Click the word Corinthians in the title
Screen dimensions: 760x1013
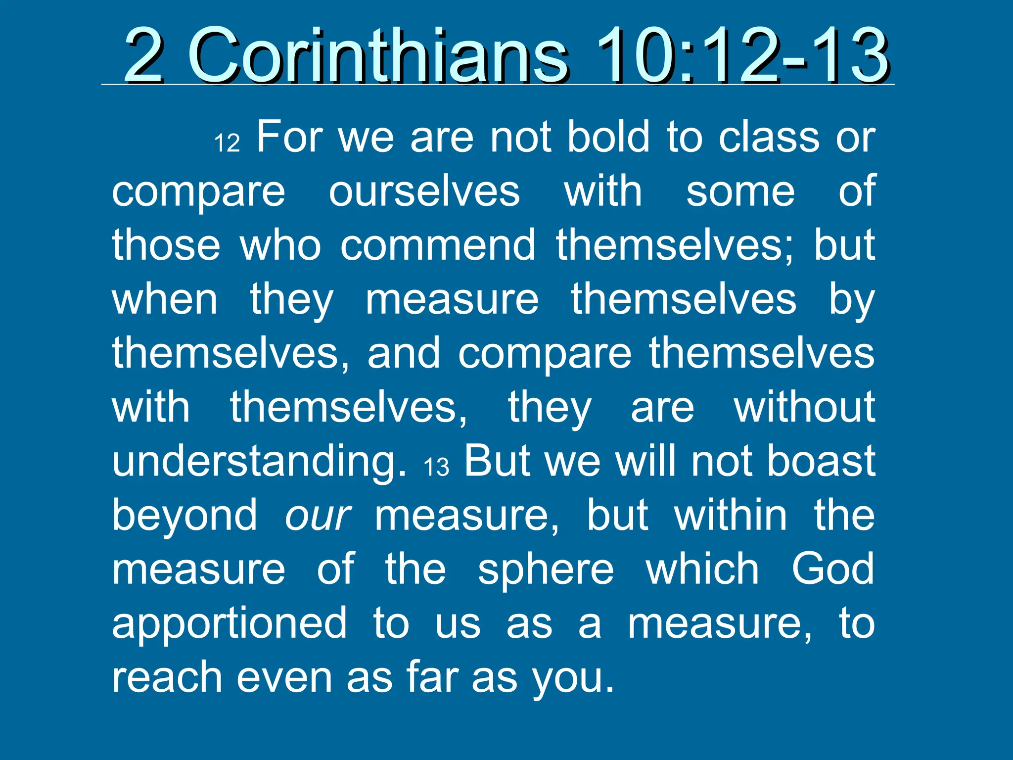pyautogui.click(x=378, y=55)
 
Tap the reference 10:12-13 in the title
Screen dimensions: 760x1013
pyautogui.click(x=742, y=55)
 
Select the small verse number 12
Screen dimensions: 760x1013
pyautogui.click(x=227, y=143)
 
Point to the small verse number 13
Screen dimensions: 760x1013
pyautogui.click(x=436, y=467)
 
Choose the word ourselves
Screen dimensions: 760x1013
pyautogui.click(x=424, y=192)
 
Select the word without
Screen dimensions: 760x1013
pyautogui.click(x=804, y=407)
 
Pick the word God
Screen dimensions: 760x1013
pyautogui.click(x=833, y=569)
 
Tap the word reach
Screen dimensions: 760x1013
pyautogui.click(x=167, y=677)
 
